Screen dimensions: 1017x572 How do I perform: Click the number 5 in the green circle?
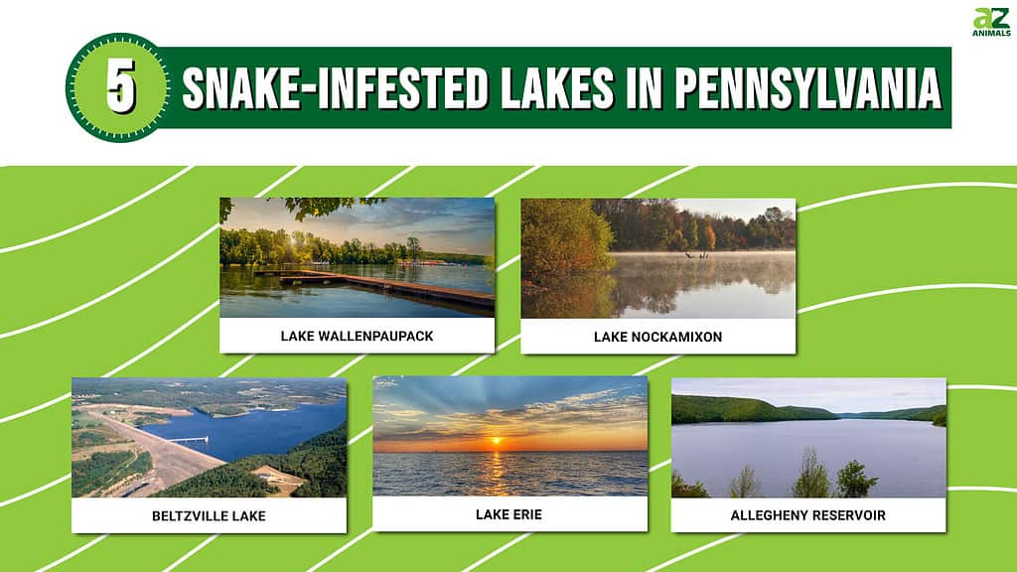point(120,87)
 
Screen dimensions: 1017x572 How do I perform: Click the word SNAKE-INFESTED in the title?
point(335,88)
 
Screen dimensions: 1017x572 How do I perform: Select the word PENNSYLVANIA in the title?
point(808,88)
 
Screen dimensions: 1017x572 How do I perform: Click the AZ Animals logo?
point(991,22)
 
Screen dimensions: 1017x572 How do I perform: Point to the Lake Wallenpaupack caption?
point(357,336)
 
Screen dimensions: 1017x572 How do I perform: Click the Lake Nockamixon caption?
point(657,337)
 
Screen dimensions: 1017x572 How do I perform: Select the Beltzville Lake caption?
point(209,516)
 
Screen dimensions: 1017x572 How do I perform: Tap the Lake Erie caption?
point(508,514)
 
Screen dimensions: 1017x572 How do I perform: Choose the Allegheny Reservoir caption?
point(808,515)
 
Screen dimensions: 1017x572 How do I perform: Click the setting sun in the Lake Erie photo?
point(497,441)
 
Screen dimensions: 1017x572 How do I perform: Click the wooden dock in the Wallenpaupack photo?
point(382,287)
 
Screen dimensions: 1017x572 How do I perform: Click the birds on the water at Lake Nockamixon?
point(696,255)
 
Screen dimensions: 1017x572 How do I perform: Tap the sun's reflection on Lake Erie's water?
point(496,472)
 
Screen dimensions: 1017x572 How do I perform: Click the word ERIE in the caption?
point(526,514)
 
